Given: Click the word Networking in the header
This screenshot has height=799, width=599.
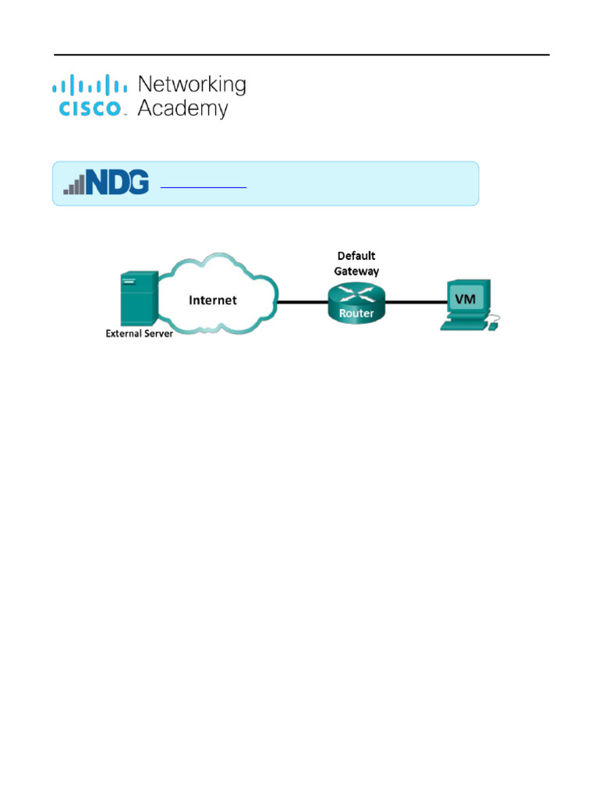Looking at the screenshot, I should pyautogui.click(x=191, y=84).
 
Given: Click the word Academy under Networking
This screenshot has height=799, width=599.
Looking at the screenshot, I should pyautogui.click(x=183, y=108).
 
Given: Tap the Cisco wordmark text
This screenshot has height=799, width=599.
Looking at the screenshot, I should pyautogui.click(x=90, y=108).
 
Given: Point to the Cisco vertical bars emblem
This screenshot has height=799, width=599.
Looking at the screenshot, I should pyautogui.click(x=90, y=84).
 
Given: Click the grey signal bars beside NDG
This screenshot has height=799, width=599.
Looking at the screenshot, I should pyautogui.click(x=74, y=186).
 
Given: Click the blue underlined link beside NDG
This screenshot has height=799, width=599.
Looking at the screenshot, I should pyautogui.click(x=203, y=187).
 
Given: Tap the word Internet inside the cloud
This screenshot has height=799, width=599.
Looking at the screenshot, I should pyautogui.click(x=213, y=300).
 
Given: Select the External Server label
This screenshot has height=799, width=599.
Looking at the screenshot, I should pyautogui.click(x=139, y=334).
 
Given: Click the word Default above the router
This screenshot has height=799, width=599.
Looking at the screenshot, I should pyautogui.click(x=356, y=256).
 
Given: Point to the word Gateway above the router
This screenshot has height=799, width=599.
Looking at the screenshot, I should pyautogui.click(x=356, y=271).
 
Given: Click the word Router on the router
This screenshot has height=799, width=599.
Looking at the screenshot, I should pyautogui.click(x=356, y=314).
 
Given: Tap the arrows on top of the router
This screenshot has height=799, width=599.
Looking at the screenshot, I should pyautogui.click(x=356, y=293).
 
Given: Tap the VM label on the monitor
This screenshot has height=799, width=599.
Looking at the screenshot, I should pyautogui.click(x=465, y=298).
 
